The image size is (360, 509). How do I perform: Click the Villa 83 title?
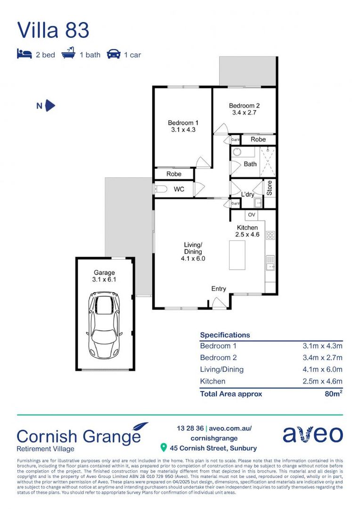point(53,30)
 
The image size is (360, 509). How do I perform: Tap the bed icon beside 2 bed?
point(24,54)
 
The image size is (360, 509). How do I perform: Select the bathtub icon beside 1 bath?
point(68,54)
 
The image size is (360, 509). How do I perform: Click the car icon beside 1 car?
point(114,54)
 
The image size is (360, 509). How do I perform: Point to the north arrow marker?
point(50,106)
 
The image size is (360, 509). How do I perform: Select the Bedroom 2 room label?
point(244,109)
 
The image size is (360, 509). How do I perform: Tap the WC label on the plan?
point(179,189)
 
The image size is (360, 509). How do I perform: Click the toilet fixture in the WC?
point(161,189)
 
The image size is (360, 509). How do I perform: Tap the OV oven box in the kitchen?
point(251,215)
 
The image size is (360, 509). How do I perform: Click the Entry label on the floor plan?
point(219,289)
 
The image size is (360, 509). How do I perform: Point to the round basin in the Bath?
point(237,153)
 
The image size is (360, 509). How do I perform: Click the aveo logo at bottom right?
point(312,434)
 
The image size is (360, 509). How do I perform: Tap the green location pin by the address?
point(164,447)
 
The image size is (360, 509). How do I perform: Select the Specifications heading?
point(225,335)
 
